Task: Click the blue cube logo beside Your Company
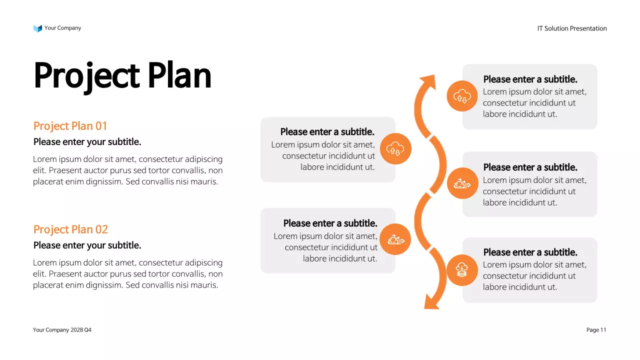tap(37, 28)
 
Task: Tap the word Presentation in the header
tap(588, 28)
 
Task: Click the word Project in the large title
tap(85, 76)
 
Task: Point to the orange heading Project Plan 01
tap(70, 125)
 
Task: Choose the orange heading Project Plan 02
tap(70, 229)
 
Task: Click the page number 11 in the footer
tap(603, 330)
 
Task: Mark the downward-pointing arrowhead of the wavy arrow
tap(430, 302)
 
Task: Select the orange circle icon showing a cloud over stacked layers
tap(462, 270)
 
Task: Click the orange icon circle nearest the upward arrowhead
tap(462, 96)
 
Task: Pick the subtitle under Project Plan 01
tap(87, 142)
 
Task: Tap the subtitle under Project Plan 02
tap(87, 245)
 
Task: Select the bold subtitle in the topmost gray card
tap(530, 79)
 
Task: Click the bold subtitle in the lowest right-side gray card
tap(530, 252)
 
